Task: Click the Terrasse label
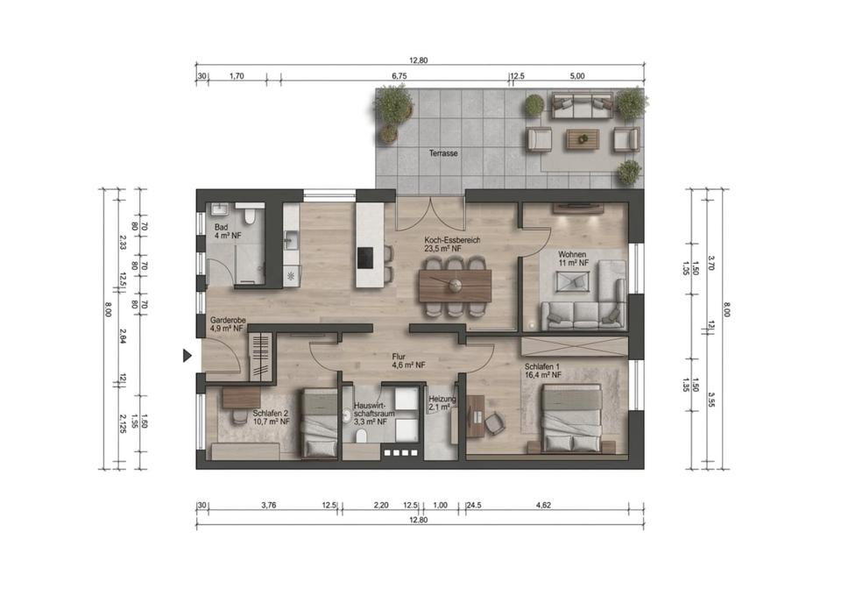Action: pyautogui.click(x=443, y=153)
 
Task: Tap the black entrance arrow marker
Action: pyautogui.click(x=187, y=355)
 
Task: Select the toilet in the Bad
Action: pyautogui.click(x=249, y=216)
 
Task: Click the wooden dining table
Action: pyautogui.click(x=456, y=286)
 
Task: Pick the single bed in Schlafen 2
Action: pyautogui.click(x=319, y=423)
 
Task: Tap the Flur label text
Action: pyautogui.click(x=399, y=357)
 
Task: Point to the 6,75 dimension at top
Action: pyautogui.click(x=399, y=76)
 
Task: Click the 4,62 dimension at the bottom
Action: pyautogui.click(x=543, y=505)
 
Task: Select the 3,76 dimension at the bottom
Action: pyautogui.click(x=268, y=505)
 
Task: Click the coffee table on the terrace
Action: pyautogui.click(x=582, y=139)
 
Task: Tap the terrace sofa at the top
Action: pyautogui.click(x=583, y=105)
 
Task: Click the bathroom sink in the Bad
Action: pyautogui.click(x=219, y=209)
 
